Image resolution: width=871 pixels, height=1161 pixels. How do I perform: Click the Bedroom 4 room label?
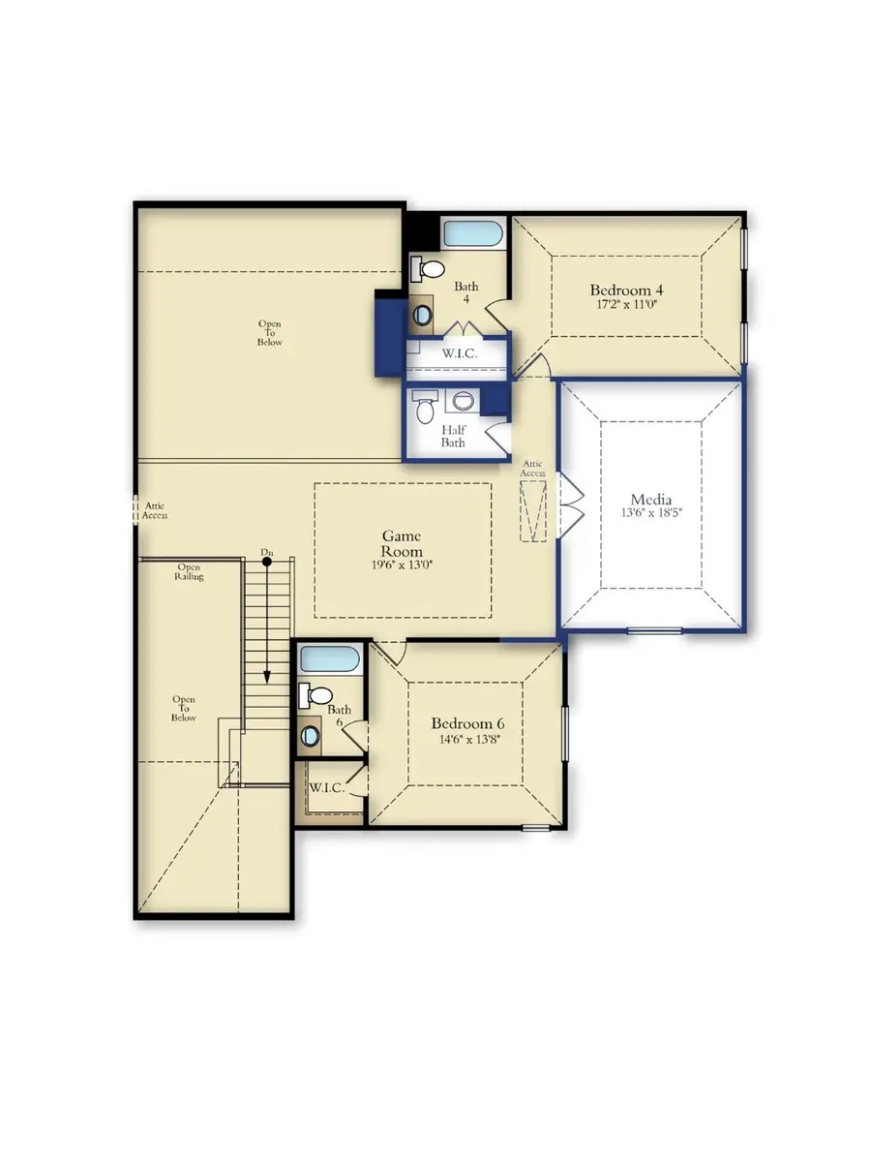click(x=626, y=290)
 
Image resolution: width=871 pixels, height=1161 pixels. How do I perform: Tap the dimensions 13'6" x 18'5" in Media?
click(x=652, y=514)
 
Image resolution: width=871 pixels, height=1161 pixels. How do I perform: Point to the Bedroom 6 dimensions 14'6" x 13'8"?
click(x=467, y=740)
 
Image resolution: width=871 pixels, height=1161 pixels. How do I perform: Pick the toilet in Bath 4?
click(x=429, y=268)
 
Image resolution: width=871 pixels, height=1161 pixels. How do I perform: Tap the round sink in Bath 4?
click(x=423, y=314)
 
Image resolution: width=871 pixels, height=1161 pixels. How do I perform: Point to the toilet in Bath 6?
click(x=315, y=693)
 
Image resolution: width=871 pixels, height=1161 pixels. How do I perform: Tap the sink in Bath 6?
click(x=311, y=736)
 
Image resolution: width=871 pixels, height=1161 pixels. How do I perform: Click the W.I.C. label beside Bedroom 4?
click(x=461, y=353)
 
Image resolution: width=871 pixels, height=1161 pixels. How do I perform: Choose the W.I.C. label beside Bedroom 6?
click(x=326, y=787)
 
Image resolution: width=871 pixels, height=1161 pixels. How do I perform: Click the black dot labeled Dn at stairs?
click(x=266, y=562)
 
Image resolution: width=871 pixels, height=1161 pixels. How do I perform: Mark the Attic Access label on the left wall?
click(x=155, y=510)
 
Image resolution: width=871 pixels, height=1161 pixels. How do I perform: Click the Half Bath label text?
click(x=453, y=436)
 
